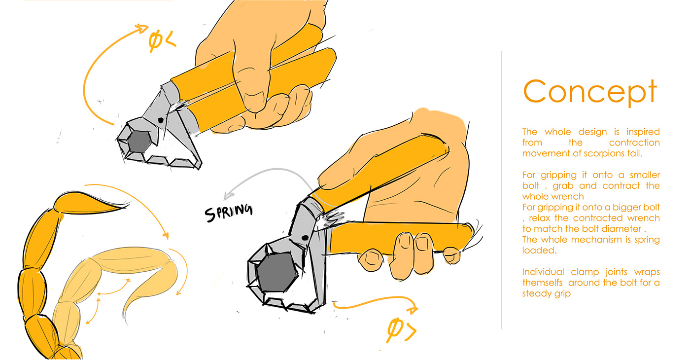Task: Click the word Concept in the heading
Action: pyautogui.click(x=590, y=92)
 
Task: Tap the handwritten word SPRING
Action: pyautogui.click(x=229, y=213)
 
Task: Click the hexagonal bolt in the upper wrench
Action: pyautogui.click(x=139, y=142)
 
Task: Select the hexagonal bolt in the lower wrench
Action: pyautogui.click(x=277, y=272)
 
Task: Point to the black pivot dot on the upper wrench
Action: pyautogui.click(x=161, y=120)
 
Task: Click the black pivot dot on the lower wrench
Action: pyautogui.click(x=305, y=238)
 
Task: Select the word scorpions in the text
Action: pyautogui.click(x=600, y=153)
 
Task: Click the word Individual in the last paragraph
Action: pyautogui.click(x=543, y=272)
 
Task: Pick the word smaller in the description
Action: pyautogui.click(x=645, y=175)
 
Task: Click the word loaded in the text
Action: pyautogui.click(x=539, y=251)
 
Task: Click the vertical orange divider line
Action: pyautogui.click(x=502, y=190)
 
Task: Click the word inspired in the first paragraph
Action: pyautogui.click(x=643, y=132)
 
